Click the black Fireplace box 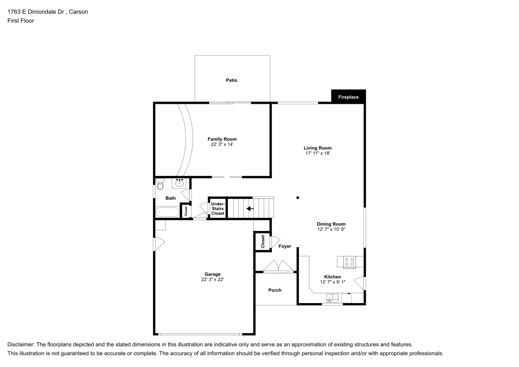click(x=348, y=97)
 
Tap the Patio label click(x=231, y=80)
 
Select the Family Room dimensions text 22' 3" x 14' click(x=222, y=145)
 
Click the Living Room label click(x=318, y=148)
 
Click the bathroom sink click(x=180, y=183)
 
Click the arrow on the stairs click(x=250, y=209)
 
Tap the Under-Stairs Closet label click(x=217, y=209)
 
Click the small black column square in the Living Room click(x=298, y=197)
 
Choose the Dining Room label click(x=331, y=224)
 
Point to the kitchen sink click(x=331, y=298)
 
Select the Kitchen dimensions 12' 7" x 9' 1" click(x=332, y=282)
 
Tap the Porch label click(x=275, y=290)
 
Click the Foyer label click(x=284, y=246)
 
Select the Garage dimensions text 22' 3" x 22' click(x=212, y=279)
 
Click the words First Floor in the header click(x=21, y=21)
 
